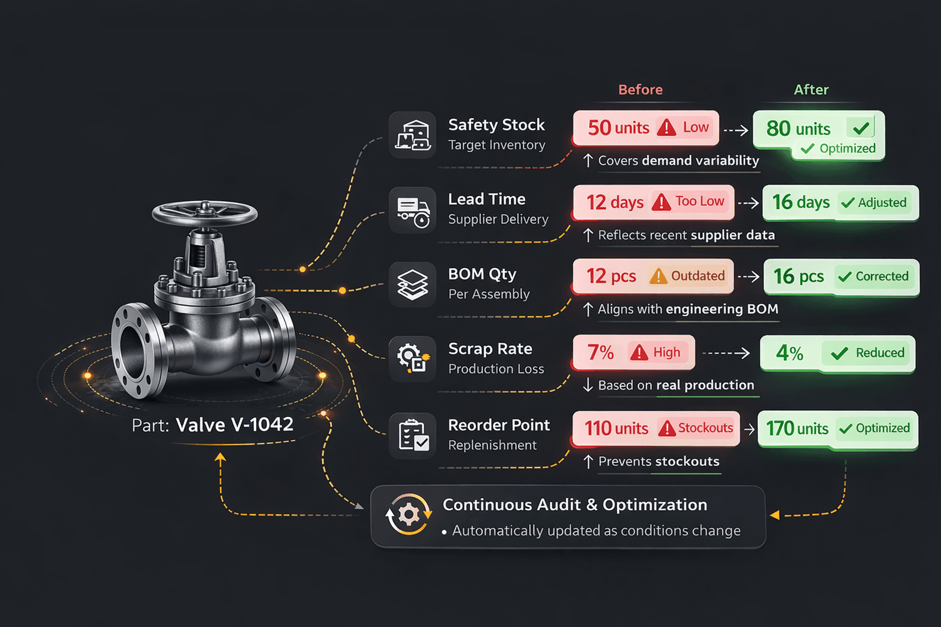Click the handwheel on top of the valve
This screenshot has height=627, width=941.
click(x=204, y=212)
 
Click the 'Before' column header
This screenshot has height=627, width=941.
click(x=640, y=90)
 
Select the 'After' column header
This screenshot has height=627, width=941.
click(x=811, y=90)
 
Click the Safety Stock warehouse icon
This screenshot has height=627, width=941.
click(x=413, y=135)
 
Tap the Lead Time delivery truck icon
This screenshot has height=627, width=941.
click(x=413, y=211)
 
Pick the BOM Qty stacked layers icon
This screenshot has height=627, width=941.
click(x=413, y=285)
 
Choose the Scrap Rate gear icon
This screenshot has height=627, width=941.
click(x=413, y=358)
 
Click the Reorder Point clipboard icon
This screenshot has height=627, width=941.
click(x=413, y=435)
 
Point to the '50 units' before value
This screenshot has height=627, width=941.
click(x=618, y=128)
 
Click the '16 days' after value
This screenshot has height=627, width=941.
click(x=800, y=202)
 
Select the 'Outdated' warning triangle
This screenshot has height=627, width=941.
click(x=658, y=276)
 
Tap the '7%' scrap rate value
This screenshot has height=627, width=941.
click(x=600, y=352)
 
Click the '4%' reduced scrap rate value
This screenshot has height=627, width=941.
click(x=789, y=353)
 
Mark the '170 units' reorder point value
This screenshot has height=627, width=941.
click(x=797, y=428)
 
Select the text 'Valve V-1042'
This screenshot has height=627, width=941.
click(x=234, y=425)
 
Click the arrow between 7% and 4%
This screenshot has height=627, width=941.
click(x=726, y=353)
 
